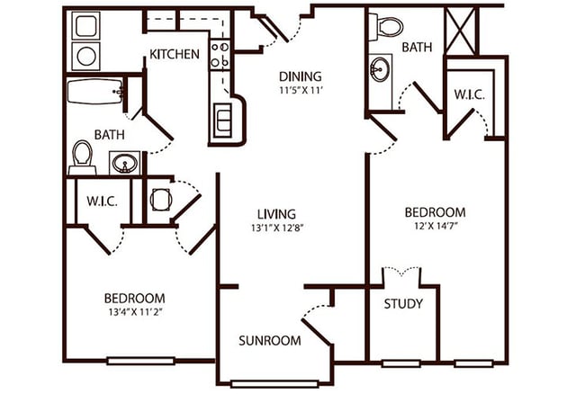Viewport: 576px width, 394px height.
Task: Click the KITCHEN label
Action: (174, 54)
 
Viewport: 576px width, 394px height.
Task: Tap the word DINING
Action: (300, 76)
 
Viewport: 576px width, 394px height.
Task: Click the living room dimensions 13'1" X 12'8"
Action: (276, 228)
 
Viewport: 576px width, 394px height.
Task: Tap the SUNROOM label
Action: (270, 341)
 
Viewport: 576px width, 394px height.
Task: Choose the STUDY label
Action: (403, 303)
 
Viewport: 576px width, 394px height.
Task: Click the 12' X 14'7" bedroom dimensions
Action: (435, 228)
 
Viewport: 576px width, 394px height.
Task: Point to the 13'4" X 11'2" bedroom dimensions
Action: (133, 313)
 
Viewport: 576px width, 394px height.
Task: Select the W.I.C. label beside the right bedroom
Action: (470, 93)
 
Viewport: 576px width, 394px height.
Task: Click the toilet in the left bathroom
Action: (83, 157)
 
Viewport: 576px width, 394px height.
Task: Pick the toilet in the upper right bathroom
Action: (388, 25)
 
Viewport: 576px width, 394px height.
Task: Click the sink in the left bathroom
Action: (124, 163)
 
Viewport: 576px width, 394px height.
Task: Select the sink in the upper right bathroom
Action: (381, 68)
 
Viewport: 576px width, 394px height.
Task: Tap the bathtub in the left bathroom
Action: (95, 92)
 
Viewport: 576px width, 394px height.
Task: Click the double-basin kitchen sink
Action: (222, 120)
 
